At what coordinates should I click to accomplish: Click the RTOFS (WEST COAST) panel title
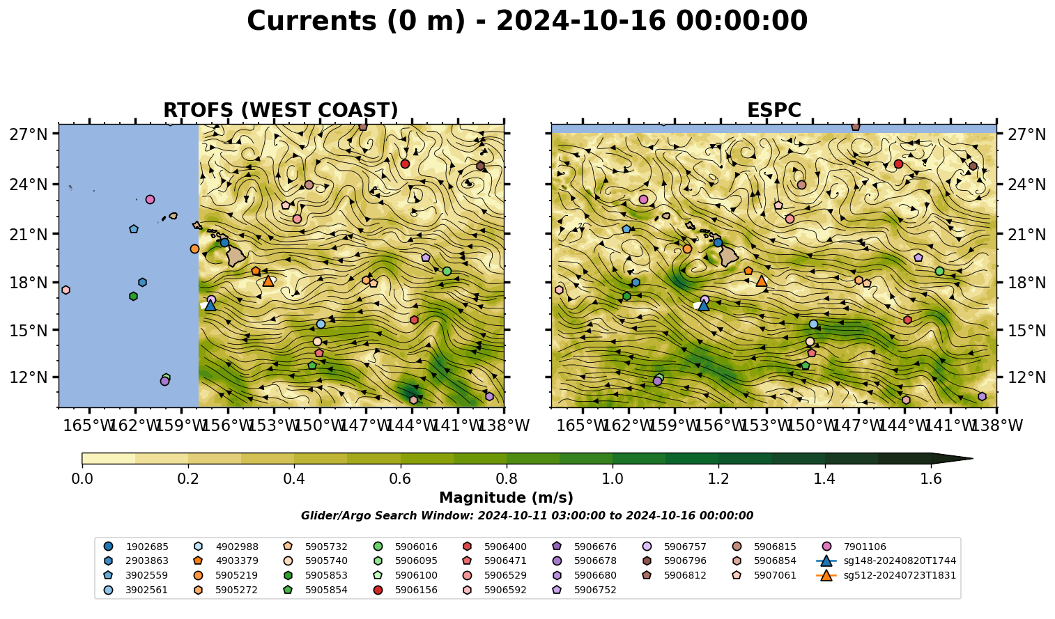[281, 110]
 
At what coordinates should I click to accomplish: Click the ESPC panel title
[774, 110]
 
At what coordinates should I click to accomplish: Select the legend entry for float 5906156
[407, 590]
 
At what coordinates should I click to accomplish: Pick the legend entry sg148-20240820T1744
[886, 561]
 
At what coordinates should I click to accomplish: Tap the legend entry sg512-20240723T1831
[886, 575]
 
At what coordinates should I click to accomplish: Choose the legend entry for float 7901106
[855, 547]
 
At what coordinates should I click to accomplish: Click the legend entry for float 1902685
[137, 547]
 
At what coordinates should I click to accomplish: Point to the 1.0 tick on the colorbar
[613, 466]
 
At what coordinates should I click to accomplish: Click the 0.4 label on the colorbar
[294, 479]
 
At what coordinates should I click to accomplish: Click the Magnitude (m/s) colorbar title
[507, 498]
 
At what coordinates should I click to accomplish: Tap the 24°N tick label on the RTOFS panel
[29, 184]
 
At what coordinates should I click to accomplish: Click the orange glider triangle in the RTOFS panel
[268, 281]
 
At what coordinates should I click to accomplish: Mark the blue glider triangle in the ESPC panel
[704, 306]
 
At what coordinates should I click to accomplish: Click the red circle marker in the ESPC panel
[899, 164]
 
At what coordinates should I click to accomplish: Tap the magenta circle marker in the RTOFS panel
[151, 200]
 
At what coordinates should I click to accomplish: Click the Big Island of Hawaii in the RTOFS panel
[236, 256]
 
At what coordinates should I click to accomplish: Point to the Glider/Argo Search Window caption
[527, 516]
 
